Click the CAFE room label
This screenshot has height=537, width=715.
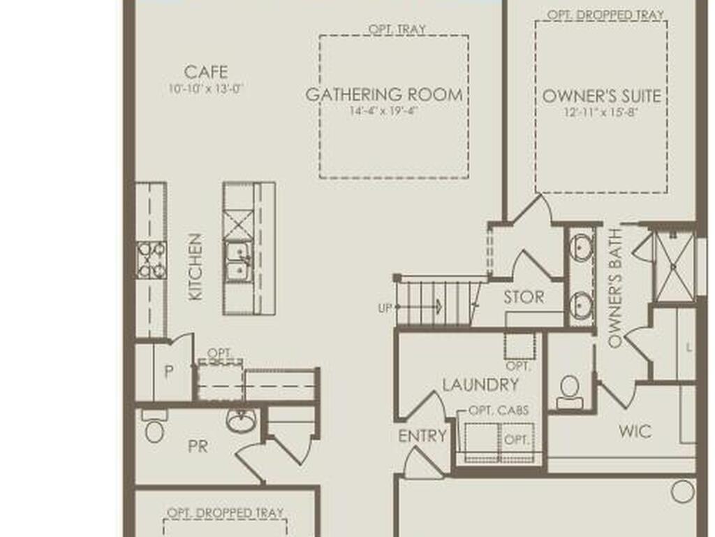pyautogui.click(x=206, y=72)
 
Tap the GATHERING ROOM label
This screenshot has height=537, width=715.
pyautogui.click(x=384, y=94)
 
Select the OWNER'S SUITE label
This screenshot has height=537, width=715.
pyautogui.click(x=601, y=96)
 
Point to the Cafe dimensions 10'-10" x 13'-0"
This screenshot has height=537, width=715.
pyautogui.click(x=206, y=89)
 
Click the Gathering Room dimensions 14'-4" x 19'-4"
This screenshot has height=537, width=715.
pyautogui.click(x=384, y=110)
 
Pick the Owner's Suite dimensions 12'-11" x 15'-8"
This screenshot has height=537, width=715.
pyautogui.click(x=600, y=113)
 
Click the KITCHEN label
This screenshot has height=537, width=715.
pyautogui.click(x=196, y=267)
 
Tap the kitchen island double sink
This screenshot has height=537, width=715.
pyautogui.click(x=237, y=260)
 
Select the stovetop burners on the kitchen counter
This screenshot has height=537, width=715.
pyautogui.click(x=152, y=260)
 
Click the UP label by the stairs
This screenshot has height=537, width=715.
pyautogui.click(x=385, y=308)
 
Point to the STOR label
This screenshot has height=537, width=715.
pyautogui.click(x=524, y=297)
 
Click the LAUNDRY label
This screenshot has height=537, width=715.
pyautogui.click(x=480, y=385)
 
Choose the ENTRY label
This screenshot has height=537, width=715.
pyautogui.click(x=422, y=436)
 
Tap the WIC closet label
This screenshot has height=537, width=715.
pyautogui.click(x=635, y=431)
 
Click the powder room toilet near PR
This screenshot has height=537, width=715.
pyautogui.click(x=154, y=427)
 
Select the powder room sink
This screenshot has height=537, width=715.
pyautogui.click(x=240, y=420)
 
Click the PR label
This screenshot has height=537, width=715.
pyautogui.click(x=198, y=447)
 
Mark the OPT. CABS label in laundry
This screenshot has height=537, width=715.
pyautogui.click(x=499, y=410)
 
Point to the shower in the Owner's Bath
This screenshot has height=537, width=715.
pyautogui.click(x=674, y=266)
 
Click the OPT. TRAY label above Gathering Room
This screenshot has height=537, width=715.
pyautogui.click(x=397, y=29)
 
